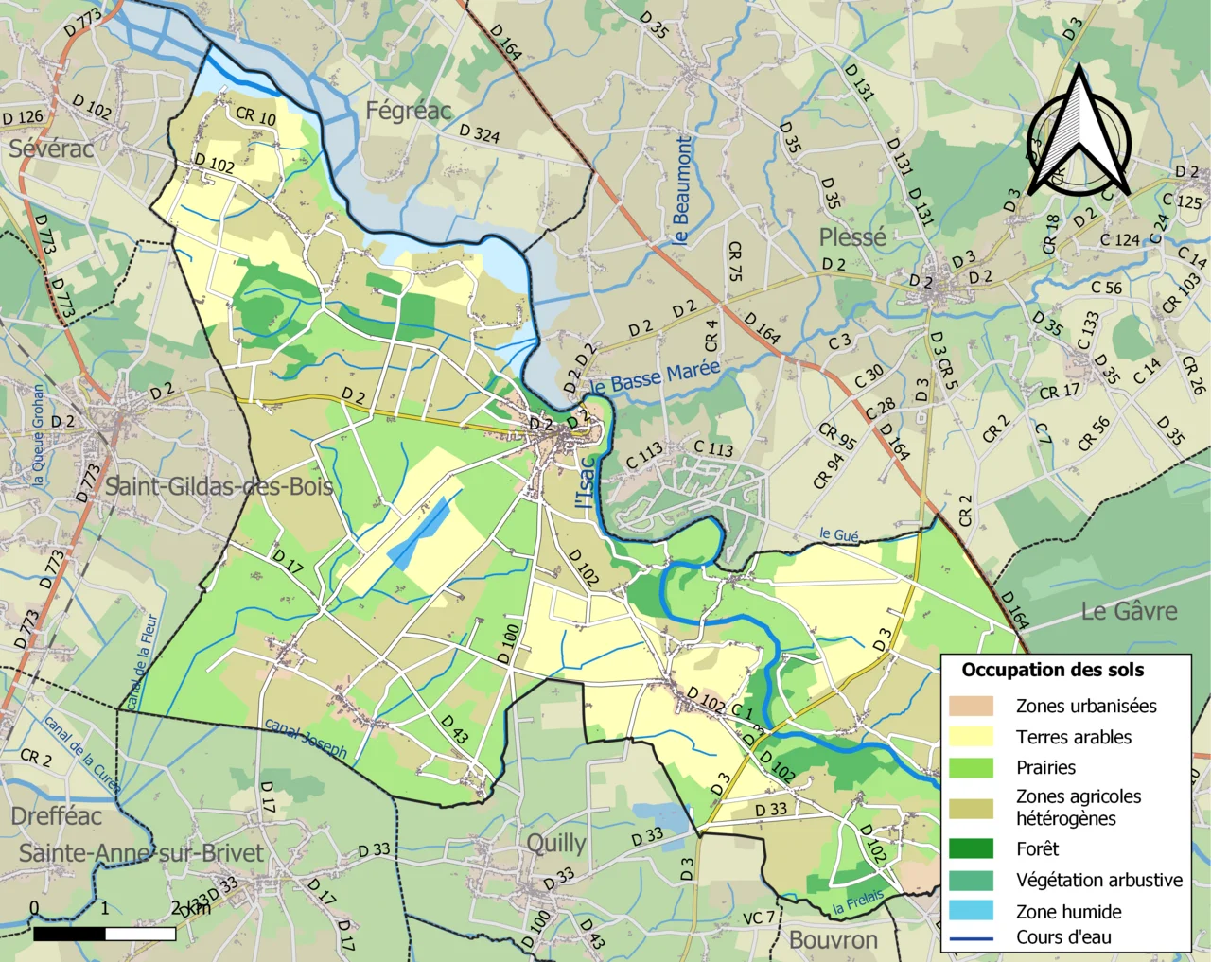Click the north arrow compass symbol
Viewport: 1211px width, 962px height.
tap(1079, 132)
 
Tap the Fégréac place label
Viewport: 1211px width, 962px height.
tap(409, 111)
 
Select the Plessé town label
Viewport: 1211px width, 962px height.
tap(852, 237)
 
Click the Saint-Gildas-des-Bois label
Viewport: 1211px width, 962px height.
tap(219, 486)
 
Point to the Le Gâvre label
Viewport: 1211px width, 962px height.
tap(1129, 611)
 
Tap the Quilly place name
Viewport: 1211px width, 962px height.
tap(556, 843)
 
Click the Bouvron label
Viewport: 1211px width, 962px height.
tap(833, 939)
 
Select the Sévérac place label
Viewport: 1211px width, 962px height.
tap(51, 149)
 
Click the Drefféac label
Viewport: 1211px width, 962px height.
tap(56, 815)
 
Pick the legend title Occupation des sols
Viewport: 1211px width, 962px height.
tap(1052, 670)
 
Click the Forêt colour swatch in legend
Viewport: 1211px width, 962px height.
tap(971, 848)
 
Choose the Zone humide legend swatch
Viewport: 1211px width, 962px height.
tap(971, 911)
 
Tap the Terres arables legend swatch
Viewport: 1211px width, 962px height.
tap(971, 737)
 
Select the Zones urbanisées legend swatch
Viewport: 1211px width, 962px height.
tap(971, 706)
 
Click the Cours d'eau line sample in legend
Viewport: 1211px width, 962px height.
tap(971, 938)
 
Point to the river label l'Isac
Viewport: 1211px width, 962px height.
tap(587, 482)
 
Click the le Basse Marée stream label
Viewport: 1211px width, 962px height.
tap(655, 376)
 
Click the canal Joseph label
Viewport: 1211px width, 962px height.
tap(306, 739)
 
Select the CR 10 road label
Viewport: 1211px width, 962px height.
tap(255, 115)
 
